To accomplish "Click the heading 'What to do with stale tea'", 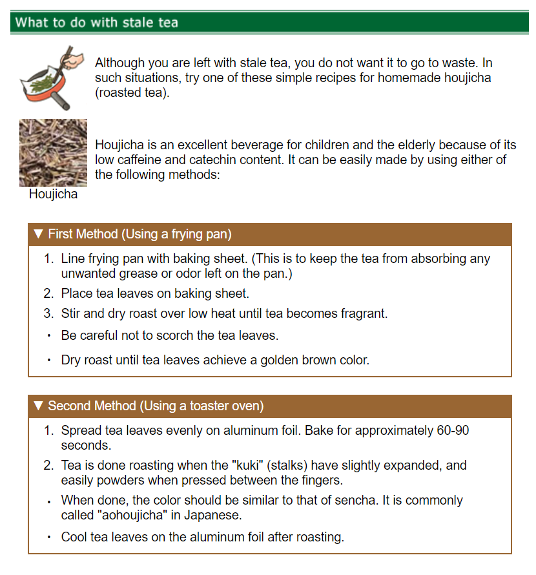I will coord(97,23).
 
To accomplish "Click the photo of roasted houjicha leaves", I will coord(53,152).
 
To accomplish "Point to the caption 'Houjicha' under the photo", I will coord(53,194).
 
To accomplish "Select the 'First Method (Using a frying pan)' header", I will coord(139,234).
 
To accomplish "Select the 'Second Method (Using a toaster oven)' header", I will coord(156,406).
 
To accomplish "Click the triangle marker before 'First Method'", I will coord(38,234).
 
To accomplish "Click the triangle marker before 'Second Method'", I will coord(38,406).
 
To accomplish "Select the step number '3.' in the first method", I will coord(48,313).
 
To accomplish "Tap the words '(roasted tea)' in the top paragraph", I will coord(131,93).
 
